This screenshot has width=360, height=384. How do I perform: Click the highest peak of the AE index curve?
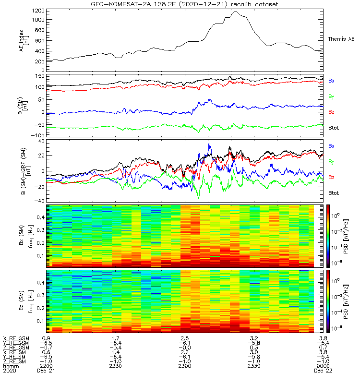tap(236, 12)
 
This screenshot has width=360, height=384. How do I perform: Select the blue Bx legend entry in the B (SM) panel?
tap(331, 80)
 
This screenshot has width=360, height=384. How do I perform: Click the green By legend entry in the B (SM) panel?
tap(331, 97)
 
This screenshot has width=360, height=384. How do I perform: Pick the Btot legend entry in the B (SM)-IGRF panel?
tap(334, 193)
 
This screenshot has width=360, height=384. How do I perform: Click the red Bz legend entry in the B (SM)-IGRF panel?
tap(331, 178)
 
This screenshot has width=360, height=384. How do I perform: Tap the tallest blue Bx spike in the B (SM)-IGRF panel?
tap(209, 144)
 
